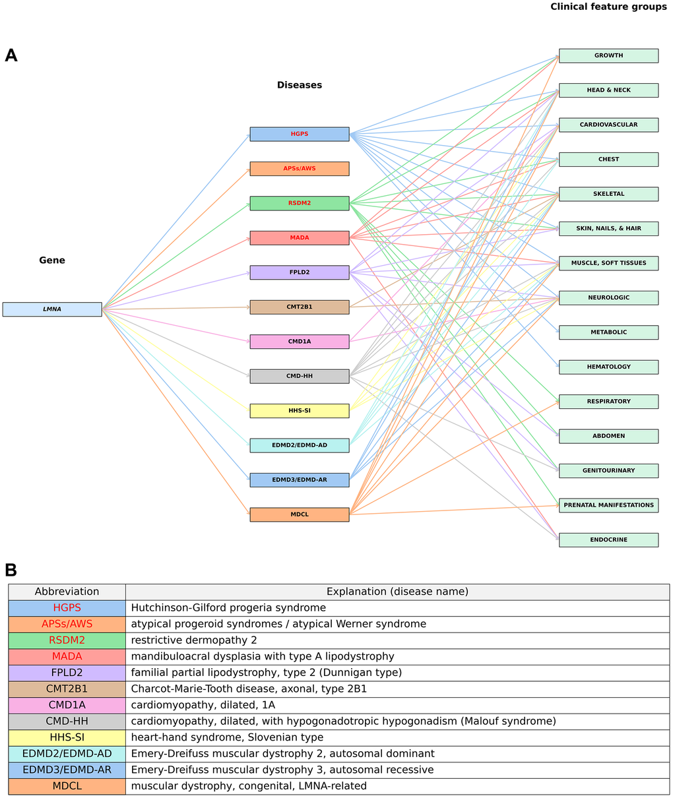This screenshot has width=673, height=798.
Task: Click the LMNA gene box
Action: pyautogui.click(x=52, y=309)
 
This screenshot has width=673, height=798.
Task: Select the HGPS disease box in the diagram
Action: pyautogui.click(x=299, y=134)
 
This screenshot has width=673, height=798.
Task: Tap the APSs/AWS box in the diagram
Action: pyautogui.click(x=299, y=169)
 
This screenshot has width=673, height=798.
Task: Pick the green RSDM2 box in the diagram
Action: pyautogui.click(x=299, y=203)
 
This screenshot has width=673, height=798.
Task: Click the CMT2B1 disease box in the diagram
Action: pyautogui.click(x=299, y=307)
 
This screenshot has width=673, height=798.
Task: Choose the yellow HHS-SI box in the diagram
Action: pyautogui.click(x=299, y=411)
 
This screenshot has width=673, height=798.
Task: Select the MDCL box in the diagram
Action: pyautogui.click(x=299, y=514)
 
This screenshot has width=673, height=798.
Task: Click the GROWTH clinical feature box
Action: pyautogui.click(x=608, y=55)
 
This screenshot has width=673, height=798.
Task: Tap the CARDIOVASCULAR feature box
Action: pyautogui.click(x=608, y=125)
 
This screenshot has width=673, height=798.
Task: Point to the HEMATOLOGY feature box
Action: pyautogui.click(x=608, y=367)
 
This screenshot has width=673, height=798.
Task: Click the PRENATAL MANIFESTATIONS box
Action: pyautogui.click(x=608, y=505)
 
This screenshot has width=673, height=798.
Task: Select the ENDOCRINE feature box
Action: pyautogui.click(x=608, y=539)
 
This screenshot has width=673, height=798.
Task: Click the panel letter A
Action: pyautogui.click(x=11, y=55)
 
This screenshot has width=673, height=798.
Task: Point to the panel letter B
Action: pyautogui.click(x=11, y=570)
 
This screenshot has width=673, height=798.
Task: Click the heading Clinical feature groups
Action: pyautogui.click(x=608, y=7)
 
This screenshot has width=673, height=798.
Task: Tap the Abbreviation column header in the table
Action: pyautogui.click(x=67, y=592)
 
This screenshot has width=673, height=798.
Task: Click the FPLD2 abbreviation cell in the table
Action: pyautogui.click(x=67, y=673)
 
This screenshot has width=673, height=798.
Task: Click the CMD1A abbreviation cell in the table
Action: pyautogui.click(x=67, y=705)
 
